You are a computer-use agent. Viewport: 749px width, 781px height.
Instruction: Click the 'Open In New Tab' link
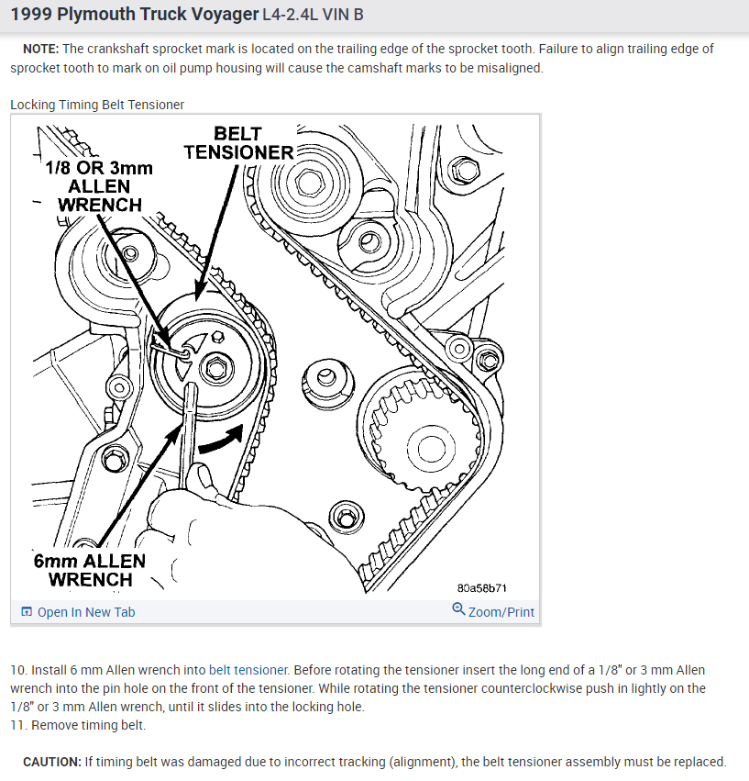(x=86, y=612)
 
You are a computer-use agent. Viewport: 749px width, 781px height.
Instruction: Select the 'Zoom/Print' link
(x=501, y=612)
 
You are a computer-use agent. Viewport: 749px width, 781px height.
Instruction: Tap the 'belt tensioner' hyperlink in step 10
(x=248, y=670)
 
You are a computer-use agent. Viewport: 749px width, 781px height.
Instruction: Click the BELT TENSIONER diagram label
(x=238, y=143)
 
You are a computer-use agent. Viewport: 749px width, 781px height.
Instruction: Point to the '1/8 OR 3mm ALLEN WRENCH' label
(x=99, y=186)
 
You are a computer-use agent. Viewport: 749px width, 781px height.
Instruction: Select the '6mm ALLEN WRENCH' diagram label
(x=90, y=570)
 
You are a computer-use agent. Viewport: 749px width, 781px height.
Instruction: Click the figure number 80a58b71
(x=481, y=588)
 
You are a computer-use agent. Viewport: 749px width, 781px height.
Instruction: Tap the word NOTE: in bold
(x=41, y=49)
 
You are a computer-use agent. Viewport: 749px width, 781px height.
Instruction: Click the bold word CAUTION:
(x=51, y=762)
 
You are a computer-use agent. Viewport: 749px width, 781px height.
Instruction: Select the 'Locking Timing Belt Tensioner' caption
(x=97, y=105)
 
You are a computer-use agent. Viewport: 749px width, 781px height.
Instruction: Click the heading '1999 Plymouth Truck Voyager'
(x=135, y=15)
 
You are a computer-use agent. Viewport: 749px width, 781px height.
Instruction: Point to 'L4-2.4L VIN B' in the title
(x=313, y=15)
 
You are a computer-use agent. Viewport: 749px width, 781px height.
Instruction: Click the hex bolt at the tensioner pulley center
(x=216, y=369)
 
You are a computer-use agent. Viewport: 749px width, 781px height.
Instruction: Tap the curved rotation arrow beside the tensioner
(x=222, y=440)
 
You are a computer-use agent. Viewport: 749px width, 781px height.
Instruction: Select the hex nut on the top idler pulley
(x=309, y=182)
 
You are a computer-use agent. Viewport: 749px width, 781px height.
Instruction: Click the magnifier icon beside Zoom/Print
(x=458, y=608)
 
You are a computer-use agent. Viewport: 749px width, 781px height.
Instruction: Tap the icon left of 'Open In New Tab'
(x=27, y=611)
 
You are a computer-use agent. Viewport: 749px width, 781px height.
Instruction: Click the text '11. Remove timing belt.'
(x=78, y=725)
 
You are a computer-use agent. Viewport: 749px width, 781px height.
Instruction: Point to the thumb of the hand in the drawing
(x=201, y=476)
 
